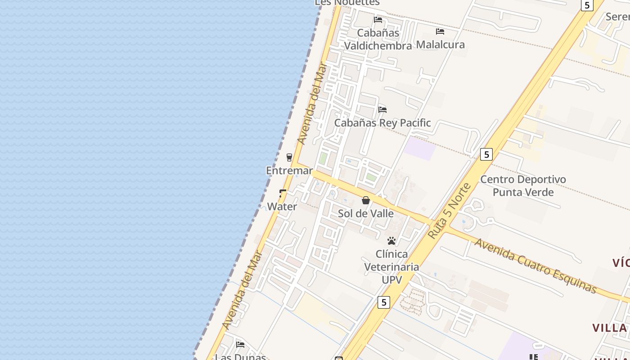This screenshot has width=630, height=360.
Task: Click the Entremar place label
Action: tap(289, 171)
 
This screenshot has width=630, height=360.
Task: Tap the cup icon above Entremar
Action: tap(289, 157)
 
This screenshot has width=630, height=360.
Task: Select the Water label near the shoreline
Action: tap(282, 207)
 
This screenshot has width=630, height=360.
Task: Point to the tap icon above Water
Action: tap(283, 193)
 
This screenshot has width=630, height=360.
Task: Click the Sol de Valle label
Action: tap(365, 213)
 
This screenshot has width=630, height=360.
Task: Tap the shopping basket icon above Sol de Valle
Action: tap(366, 200)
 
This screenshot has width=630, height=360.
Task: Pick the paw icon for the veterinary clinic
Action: tap(391, 241)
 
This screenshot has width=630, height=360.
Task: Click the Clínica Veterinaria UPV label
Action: tap(391, 266)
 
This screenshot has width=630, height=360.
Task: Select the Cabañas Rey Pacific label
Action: tap(382, 123)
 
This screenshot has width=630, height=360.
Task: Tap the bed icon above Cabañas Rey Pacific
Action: tap(382, 109)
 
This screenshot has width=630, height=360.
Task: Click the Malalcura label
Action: tap(440, 45)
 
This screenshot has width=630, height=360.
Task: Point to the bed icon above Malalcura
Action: tap(440, 31)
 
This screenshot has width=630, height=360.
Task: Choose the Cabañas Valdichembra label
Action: tap(378, 39)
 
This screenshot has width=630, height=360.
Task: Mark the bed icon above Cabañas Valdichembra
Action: tap(378, 20)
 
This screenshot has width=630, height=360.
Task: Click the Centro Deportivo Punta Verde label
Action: tap(523, 185)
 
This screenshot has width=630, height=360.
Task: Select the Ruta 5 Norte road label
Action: tap(449, 211)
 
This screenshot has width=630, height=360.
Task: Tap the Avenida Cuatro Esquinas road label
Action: tap(535, 265)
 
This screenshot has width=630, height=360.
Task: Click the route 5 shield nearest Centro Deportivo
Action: tap(486, 154)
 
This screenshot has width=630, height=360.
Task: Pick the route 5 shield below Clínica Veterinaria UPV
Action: tap(383, 302)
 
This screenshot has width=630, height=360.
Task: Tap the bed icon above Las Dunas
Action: tap(240, 345)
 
